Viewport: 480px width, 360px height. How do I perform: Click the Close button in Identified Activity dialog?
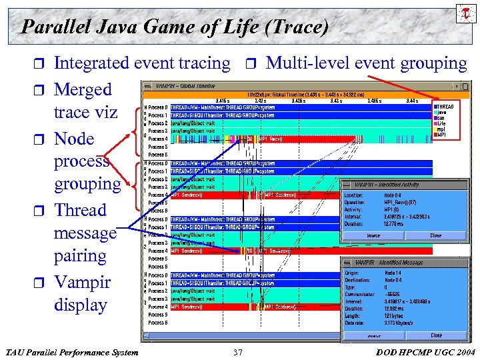click(x=435, y=235)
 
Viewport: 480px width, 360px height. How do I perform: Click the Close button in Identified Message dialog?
click(x=435, y=335)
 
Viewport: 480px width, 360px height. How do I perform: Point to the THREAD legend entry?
click(x=445, y=106)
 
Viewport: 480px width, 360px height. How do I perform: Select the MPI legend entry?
click(x=441, y=134)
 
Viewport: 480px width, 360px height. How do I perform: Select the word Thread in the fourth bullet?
click(x=80, y=210)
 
